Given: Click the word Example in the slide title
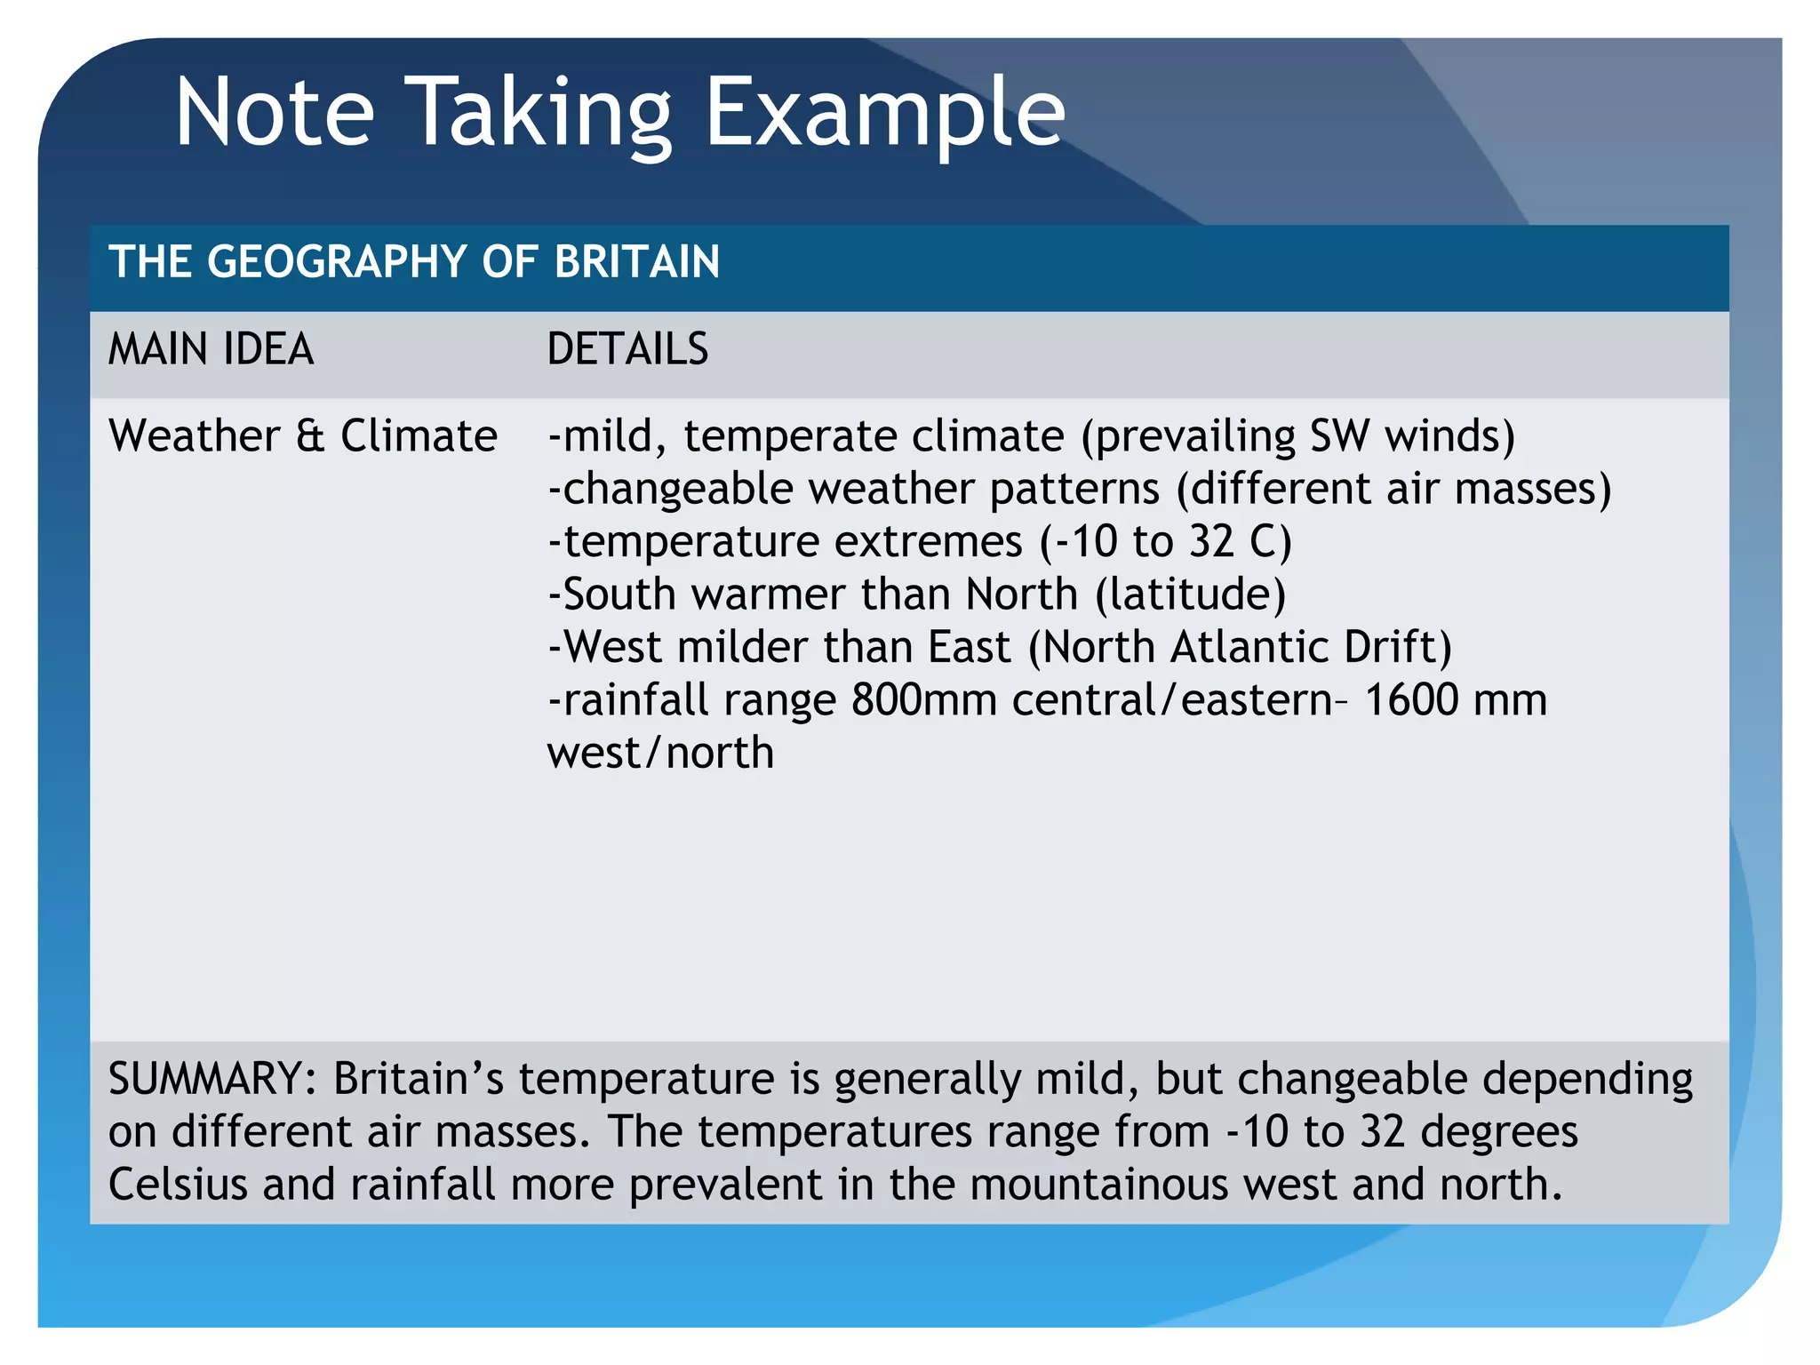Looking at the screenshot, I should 884,113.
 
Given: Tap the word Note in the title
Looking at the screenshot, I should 275,113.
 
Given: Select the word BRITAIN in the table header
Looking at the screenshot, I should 636,262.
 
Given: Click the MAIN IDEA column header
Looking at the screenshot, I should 211,349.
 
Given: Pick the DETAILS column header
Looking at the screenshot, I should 627,349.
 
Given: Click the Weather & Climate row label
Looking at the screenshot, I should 302,436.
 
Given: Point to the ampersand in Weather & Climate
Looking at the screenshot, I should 311,436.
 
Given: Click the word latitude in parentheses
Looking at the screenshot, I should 1191,595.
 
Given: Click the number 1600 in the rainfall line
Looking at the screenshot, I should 1410,700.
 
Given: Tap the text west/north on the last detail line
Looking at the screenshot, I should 660,753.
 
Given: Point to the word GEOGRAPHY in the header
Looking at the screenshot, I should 337,262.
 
